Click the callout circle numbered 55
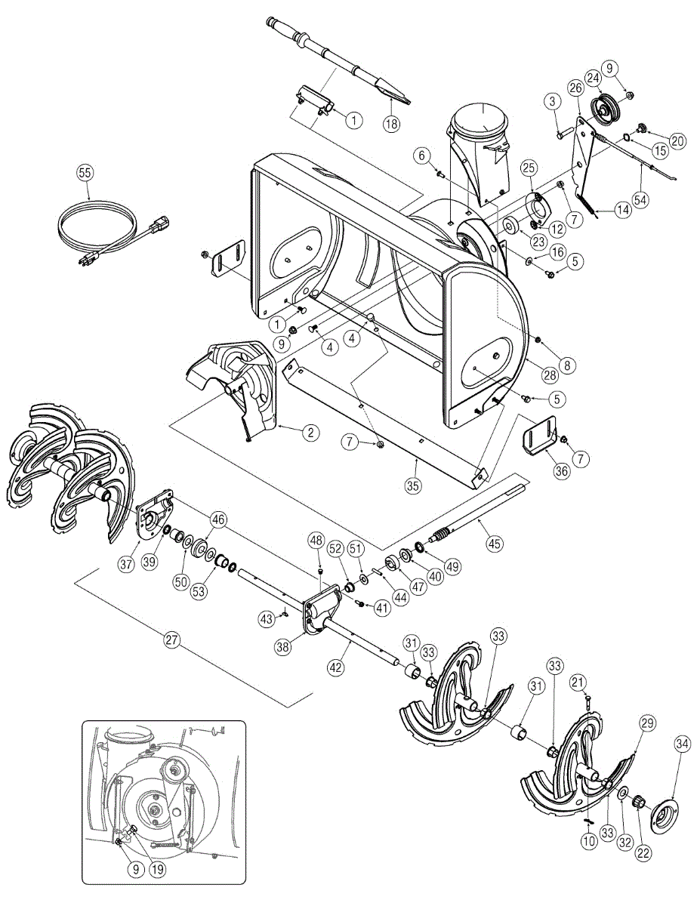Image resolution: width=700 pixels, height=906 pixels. click(85, 173)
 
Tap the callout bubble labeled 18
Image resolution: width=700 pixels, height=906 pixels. click(390, 125)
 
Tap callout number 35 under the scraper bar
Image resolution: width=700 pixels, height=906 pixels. click(412, 485)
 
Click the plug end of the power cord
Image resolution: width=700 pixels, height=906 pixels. click(161, 224)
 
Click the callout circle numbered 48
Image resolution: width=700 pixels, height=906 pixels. click(315, 541)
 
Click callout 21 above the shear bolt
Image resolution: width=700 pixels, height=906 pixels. click(578, 683)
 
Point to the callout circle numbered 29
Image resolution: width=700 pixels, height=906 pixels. click(647, 723)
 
